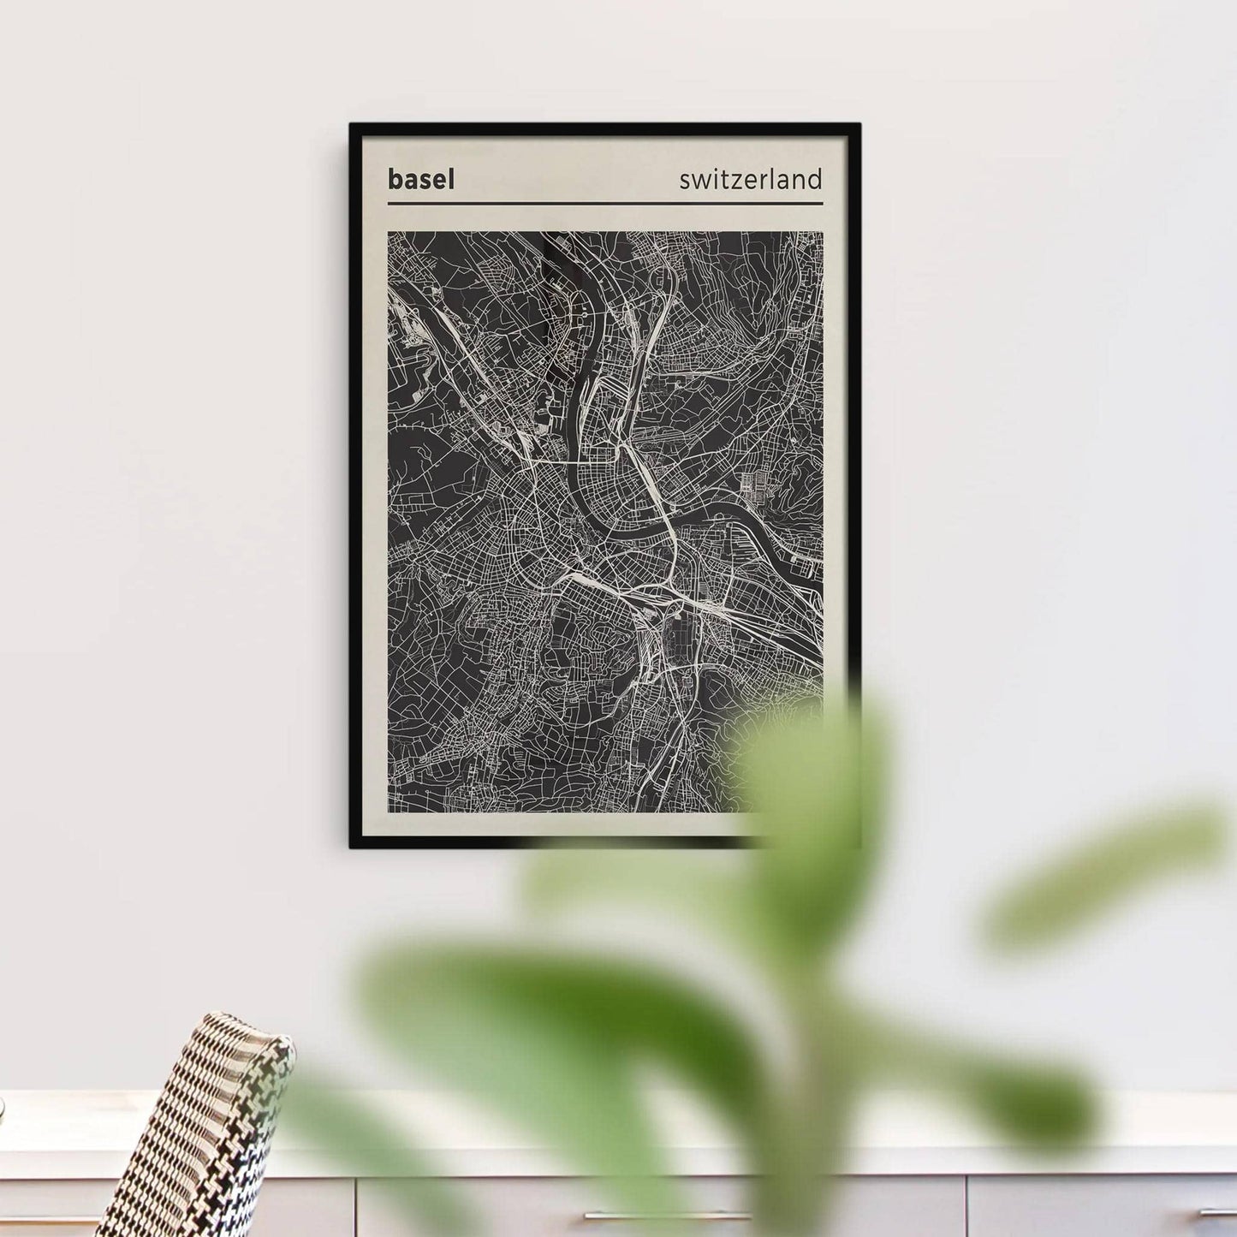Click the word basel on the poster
[420, 180]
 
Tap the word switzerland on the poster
[750, 180]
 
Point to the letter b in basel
[394, 180]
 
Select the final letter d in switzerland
[816, 178]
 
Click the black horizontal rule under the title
[604, 204]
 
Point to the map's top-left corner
[389, 233]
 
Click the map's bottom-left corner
[389, 811]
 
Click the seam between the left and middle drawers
[354, 1207]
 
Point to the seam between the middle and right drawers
[968, 1207]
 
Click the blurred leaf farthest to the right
[1104, 865]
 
